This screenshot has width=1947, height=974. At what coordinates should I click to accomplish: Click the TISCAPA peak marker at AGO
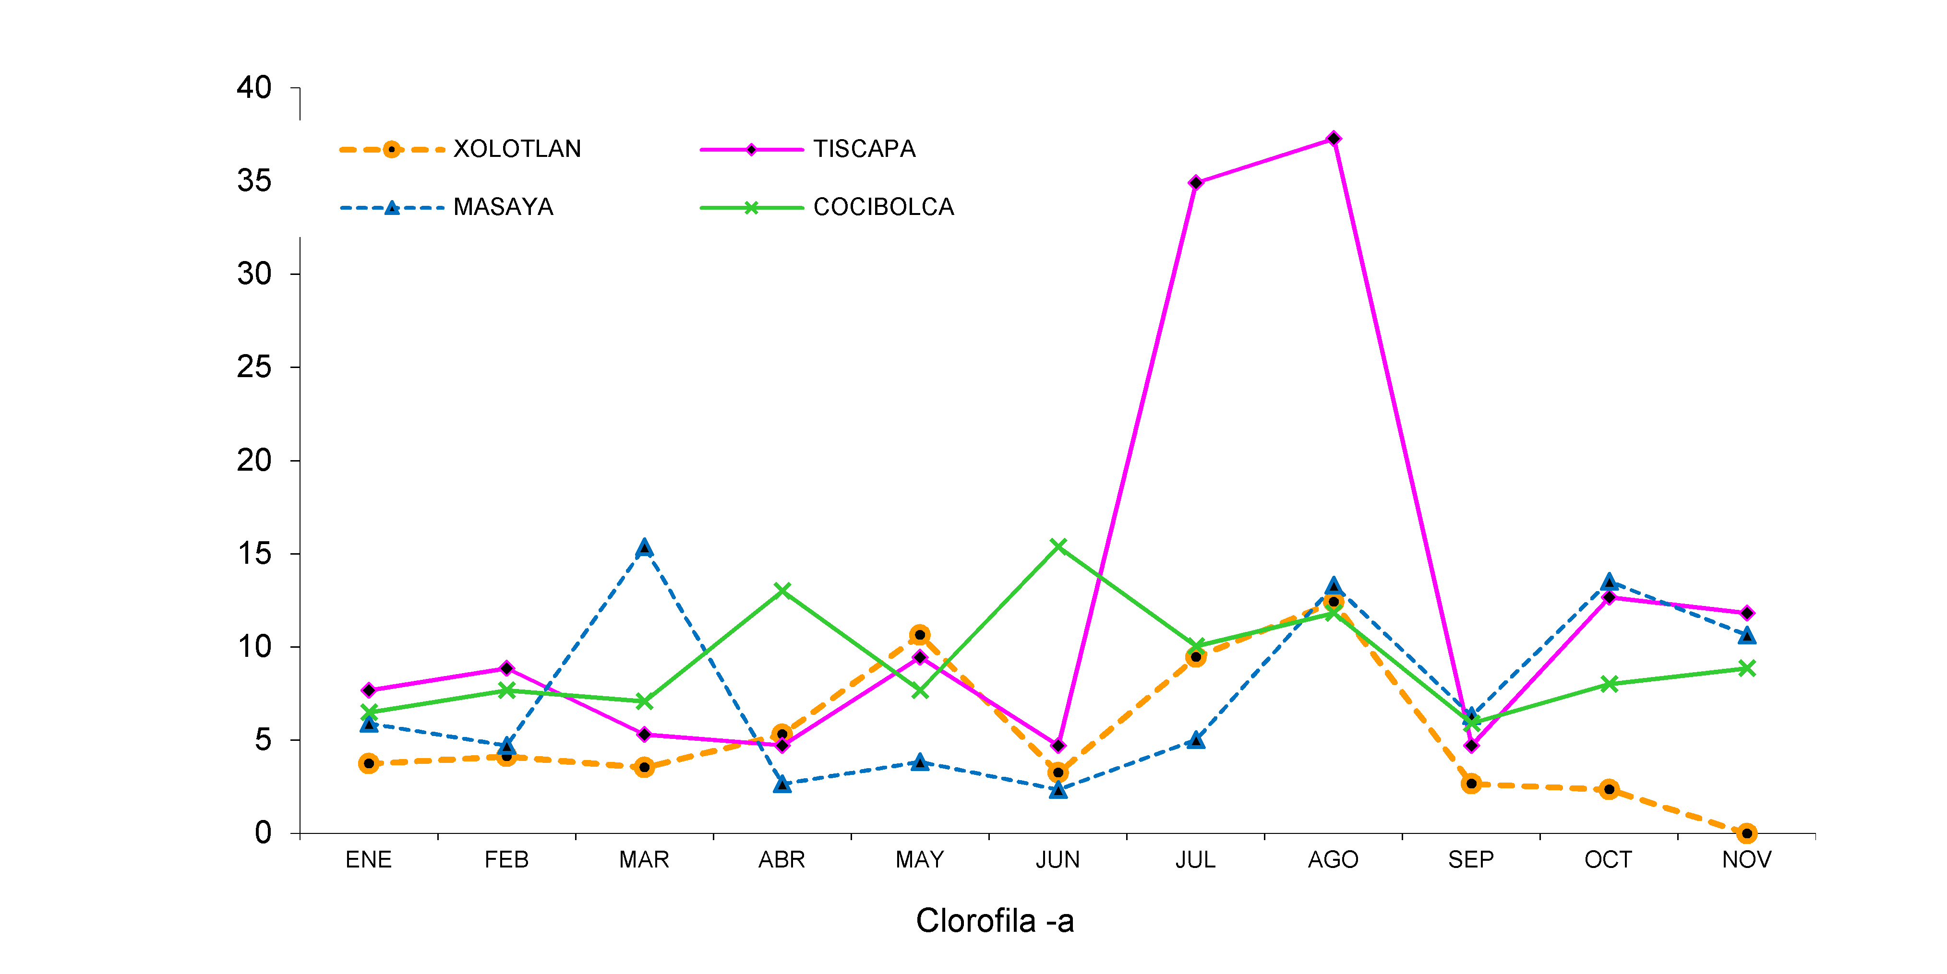click(1333, 139)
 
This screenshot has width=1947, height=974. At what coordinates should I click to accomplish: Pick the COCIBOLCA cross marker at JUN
click(1058, 546)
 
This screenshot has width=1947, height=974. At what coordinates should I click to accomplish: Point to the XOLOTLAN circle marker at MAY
click(920, 635)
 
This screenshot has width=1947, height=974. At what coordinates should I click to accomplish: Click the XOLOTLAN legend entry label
click(517, 149)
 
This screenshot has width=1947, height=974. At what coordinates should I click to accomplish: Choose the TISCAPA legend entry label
click(864, 149)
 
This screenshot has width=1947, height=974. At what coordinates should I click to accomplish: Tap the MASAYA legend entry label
click(504, 207)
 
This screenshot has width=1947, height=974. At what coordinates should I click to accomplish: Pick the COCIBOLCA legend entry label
click(883, 207)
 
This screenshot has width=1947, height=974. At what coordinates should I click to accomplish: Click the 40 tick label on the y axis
click(254, 88)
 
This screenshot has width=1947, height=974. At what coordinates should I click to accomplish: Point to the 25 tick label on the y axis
click(254, 367)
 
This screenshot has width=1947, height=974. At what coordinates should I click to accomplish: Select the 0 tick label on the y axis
click(263, 833)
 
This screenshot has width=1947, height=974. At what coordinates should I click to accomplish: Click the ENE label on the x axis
click(368, 860)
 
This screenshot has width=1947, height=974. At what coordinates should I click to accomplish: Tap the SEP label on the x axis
click(1471, 860)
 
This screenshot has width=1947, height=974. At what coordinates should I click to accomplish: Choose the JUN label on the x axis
click(1058, 860)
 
